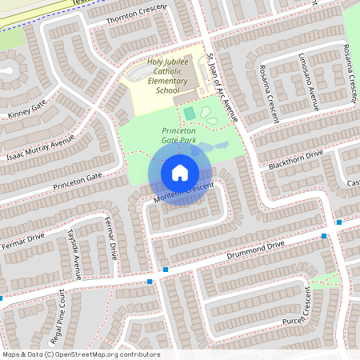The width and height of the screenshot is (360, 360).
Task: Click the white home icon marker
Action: pos(179,172)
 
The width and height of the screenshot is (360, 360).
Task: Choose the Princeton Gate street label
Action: pos(78,182)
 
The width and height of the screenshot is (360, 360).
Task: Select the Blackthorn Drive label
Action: pos(296,158)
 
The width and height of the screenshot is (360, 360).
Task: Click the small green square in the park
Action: pos(189,114)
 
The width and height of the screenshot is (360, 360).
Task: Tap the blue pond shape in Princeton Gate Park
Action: pos(210,148)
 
